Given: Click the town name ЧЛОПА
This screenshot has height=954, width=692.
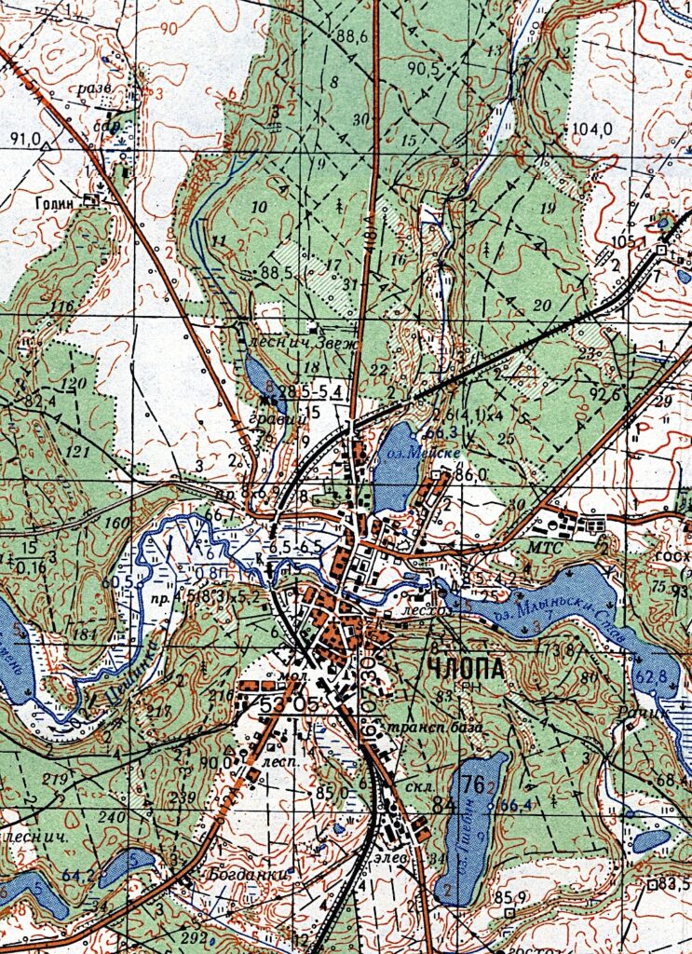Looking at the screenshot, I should tap(467, 668).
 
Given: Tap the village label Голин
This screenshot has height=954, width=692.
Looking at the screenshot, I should tap(55, 200).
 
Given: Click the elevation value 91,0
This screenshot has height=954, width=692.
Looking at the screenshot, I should tap(25, 139).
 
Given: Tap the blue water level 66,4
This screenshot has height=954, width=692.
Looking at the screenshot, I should tap(513, 804).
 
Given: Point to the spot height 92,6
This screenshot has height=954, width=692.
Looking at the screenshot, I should tap(604, 394).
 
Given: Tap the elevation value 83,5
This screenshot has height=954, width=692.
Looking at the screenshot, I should tap(672, 883).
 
